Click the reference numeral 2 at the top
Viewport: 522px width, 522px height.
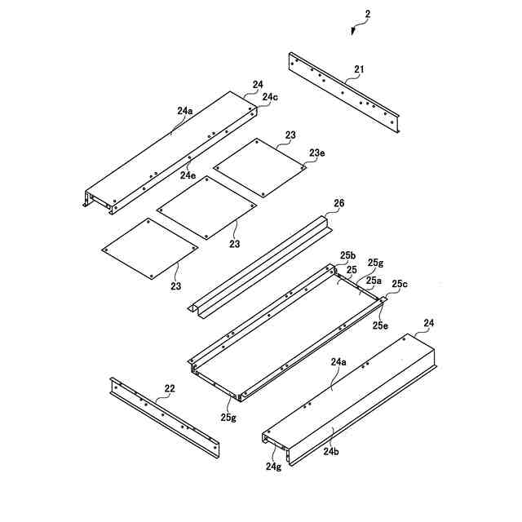[367, 15]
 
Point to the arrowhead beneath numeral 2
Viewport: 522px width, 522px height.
[352, 32]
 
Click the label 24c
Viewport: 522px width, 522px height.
[269, 97]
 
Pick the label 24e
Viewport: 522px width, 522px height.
[188, 175]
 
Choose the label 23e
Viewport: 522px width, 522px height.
[316, 152]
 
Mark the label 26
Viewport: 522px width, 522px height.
[339, 203]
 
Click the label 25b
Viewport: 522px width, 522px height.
[347, 255]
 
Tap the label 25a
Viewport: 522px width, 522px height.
[372, 280]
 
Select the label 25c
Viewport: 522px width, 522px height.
[400, 284]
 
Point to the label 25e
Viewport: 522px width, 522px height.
[380, 325]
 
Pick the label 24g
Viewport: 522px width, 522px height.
[272, 467]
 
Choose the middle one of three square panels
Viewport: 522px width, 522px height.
[206, 208]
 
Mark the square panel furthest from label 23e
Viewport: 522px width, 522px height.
[149, 250]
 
